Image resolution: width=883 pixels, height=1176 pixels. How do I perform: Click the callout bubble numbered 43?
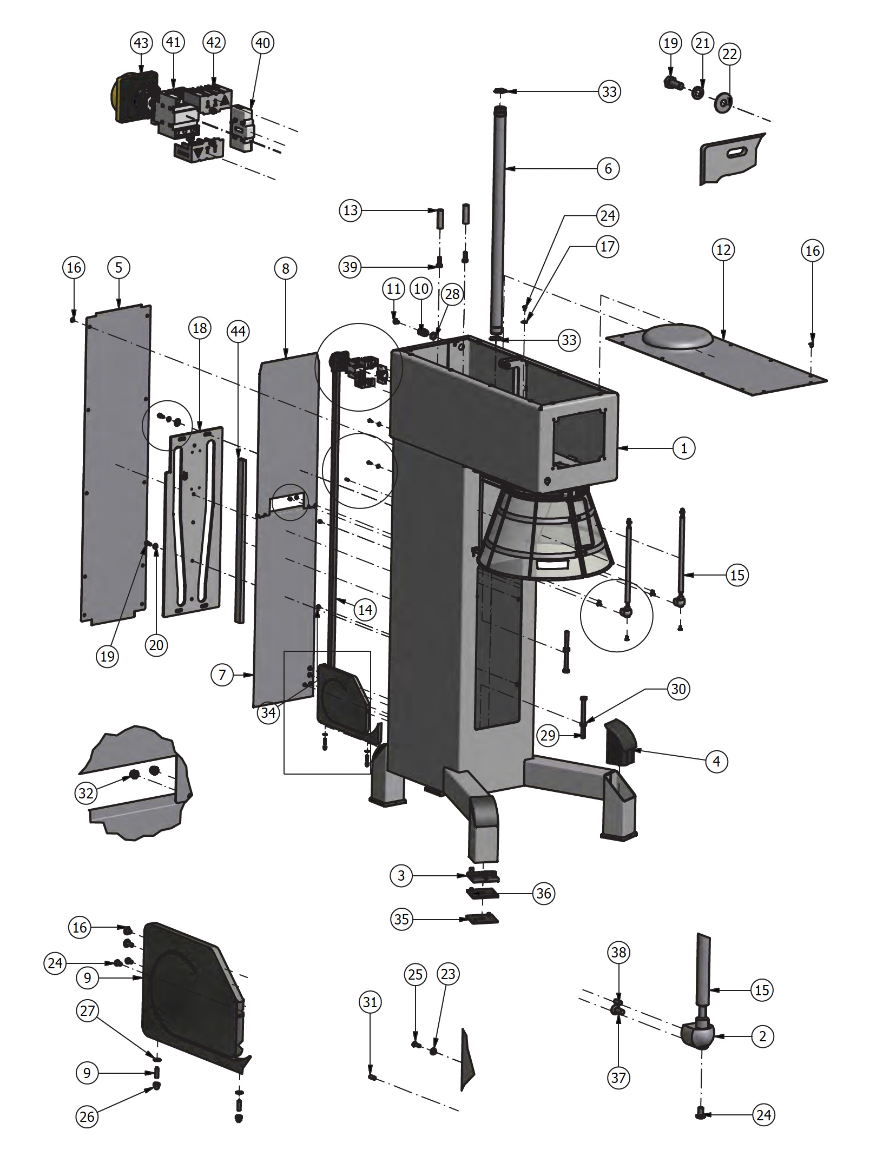point(141,43)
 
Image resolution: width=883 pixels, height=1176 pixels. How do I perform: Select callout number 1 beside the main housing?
point(684,448)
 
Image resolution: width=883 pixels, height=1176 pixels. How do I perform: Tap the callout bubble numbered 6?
point(608,169)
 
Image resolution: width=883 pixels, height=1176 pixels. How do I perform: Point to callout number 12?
point(723,250)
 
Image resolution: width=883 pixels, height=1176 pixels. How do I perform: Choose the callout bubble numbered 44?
point(238,331)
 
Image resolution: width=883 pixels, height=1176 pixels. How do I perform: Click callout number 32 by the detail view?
point(85,793)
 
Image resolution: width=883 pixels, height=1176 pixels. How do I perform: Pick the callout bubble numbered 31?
point(370,1002)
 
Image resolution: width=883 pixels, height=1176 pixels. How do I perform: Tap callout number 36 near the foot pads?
point(544,893)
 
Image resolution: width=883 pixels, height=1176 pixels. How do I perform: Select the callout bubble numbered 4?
point(716,762)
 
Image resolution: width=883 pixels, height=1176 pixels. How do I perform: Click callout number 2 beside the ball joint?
point(762,1036)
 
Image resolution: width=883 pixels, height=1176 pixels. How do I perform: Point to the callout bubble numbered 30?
point(678,689)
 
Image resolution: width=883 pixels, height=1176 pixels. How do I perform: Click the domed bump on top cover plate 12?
point(677,335)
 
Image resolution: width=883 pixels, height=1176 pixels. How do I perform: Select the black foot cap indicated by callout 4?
point(621,742)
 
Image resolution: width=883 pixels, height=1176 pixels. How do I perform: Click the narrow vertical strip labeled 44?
point(240,540)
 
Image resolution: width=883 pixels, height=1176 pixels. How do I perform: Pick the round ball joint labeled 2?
point(699,1034)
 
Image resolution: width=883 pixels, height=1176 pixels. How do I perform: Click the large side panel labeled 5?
point(116,465)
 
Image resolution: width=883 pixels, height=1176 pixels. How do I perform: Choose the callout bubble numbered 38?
point(618,952)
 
